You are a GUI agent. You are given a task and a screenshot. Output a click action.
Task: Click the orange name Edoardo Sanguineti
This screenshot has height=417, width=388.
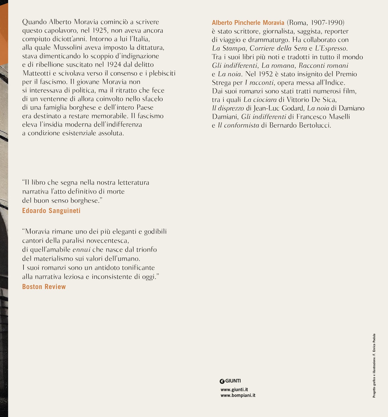tap(51, 211)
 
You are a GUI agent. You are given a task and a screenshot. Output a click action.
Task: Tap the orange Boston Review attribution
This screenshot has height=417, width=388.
tap(44, 287)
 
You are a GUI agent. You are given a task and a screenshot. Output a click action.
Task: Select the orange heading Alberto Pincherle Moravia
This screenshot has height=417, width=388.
tap(248, 23)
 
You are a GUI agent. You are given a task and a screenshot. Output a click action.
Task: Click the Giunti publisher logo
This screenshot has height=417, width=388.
tap(230, 381)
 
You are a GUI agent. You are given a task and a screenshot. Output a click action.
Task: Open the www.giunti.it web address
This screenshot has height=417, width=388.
tap(234, 390)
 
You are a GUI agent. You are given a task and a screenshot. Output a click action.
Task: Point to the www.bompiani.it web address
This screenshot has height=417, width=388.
tap(238, 395)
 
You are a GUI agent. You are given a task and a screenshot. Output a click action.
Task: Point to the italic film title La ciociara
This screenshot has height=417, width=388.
tap(260, 100)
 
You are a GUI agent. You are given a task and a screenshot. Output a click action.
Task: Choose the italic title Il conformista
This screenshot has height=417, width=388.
tap(238, 125)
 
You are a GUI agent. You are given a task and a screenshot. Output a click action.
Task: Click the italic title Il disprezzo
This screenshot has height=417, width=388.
tap(228, 108)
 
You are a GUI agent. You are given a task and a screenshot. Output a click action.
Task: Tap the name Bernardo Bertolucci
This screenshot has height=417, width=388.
tap(300, 125)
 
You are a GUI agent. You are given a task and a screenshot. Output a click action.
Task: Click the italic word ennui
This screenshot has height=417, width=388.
tap(81, 250)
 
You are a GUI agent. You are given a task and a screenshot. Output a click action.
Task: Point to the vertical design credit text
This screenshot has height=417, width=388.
tap(374, 366)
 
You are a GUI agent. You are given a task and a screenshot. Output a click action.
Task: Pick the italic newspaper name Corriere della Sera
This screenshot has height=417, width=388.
tap(278, 48)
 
